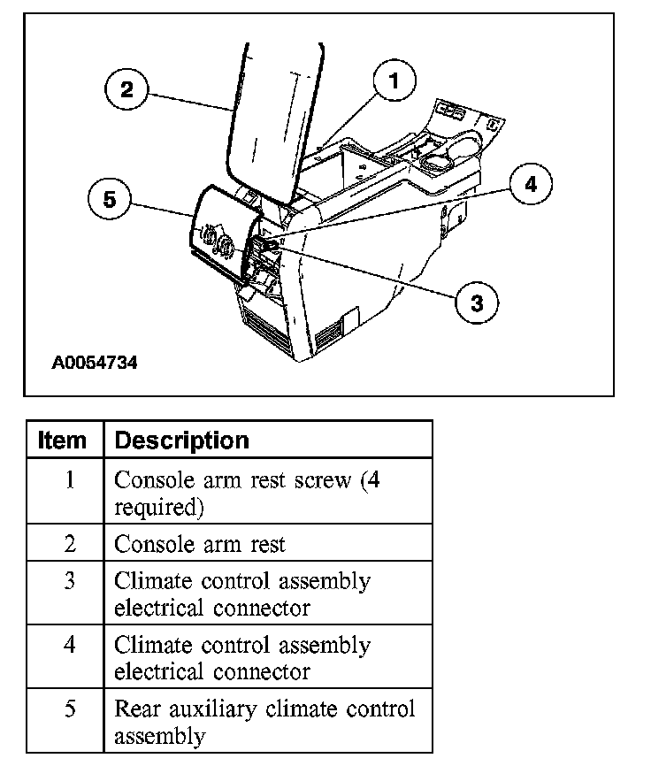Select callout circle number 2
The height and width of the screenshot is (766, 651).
127,89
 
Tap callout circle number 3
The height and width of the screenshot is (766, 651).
477,303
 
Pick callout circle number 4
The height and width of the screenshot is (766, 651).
530,185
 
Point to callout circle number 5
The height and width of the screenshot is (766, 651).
110,200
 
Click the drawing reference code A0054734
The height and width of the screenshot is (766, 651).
95,363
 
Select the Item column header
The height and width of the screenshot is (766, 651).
64,440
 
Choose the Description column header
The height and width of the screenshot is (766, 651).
182,440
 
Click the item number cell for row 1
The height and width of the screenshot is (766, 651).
69,480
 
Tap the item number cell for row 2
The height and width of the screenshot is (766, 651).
69,543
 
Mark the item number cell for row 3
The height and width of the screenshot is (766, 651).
69,581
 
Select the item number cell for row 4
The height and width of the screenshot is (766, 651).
69,645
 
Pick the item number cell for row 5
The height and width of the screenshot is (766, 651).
69,709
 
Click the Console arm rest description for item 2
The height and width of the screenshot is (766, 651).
200,543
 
